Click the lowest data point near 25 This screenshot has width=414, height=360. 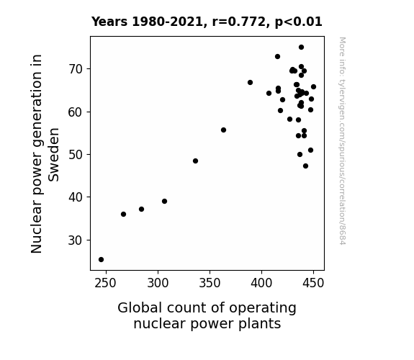click(x=101, y=260)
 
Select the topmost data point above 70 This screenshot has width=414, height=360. click(x=301, y=48)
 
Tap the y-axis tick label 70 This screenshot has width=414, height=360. click(x=76, y=69)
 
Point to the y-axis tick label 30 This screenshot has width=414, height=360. click(x=76, y=240)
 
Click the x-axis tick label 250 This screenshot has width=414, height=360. click(x=106, y=283)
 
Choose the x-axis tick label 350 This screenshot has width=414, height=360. click(x=210, y=283)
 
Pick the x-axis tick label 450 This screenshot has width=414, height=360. click(x=313, y=283)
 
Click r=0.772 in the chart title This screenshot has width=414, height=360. click(x=239, y=22)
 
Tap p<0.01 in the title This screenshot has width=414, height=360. click(x=298, y=22)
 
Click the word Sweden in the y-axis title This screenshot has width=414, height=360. click(x=53, y=155)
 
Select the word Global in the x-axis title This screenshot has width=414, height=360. click(x=140, y=308)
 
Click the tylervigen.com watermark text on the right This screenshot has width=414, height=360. click(x=342, y=141)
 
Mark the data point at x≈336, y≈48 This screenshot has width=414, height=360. click(x=195, y=161)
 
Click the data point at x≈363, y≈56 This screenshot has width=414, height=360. click(x=223, y=130)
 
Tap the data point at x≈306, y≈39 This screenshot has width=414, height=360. click(x=164, y=202)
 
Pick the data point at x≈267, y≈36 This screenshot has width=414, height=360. click(x=123, y=215)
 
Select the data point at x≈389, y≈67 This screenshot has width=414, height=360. click(x=250, y=82)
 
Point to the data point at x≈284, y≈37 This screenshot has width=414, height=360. click(x=141, y=210)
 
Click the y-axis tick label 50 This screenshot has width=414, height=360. click(x=76, y=155)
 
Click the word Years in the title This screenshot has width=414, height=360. click(x=109, y=22)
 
